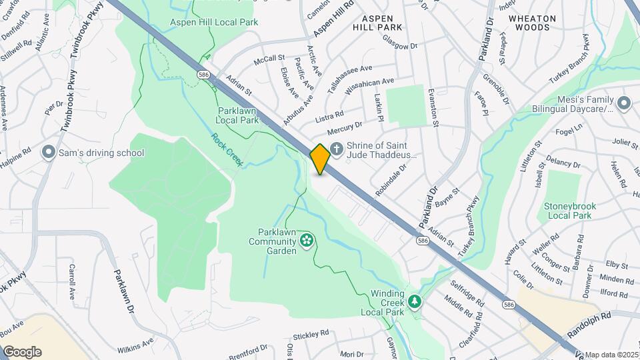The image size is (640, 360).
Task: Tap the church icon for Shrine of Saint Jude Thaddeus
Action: [x=337, y=151]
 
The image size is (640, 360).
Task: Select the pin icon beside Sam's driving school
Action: [x=48, y=153]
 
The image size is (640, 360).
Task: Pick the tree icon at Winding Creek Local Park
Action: [x=415, y=302]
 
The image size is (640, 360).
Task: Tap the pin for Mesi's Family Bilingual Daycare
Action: [x=624, y=103]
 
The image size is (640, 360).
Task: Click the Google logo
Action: [x=22, y=352]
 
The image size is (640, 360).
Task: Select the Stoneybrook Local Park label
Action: [x=568, y=211]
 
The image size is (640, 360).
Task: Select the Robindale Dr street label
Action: [x=390, y=181]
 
